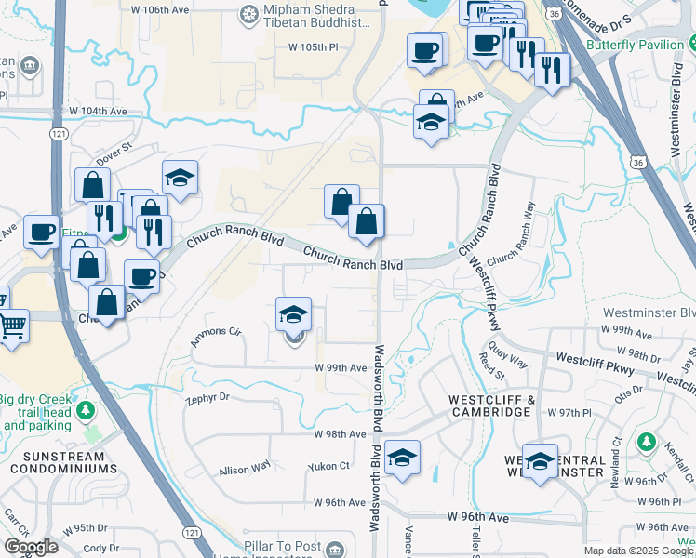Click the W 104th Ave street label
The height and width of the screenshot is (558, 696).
pyautogui.click(x=101, y=111)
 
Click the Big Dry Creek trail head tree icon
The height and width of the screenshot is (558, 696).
pyautogui.click(x=86, y=410)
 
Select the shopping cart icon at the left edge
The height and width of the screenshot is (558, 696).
pyautogui.click(x=11, y=327)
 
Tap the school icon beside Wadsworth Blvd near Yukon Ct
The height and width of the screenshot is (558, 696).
pyautogui.click(x=402, y=457)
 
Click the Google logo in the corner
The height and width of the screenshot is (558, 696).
pyautogui.click(x=32, y=547)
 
